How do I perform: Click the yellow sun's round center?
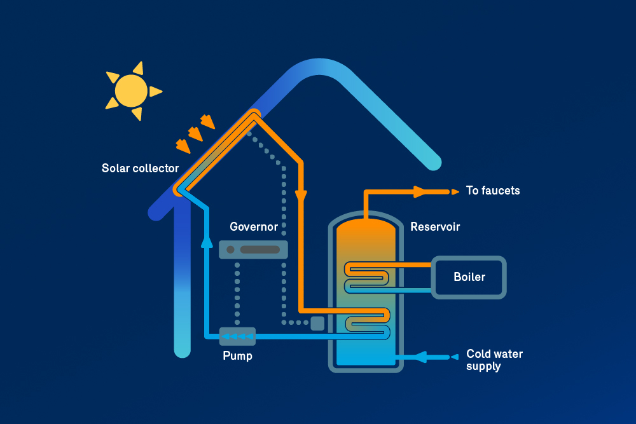pos(131,91)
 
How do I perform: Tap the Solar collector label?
pos(140,168)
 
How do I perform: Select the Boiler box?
pos(469,277)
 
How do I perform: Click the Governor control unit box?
pos(253,249)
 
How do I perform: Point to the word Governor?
pos(254,227)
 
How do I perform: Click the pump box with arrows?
pos(237,336)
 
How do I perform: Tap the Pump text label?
pos(237,356)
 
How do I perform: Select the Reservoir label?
pos(435,227)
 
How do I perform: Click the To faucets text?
pos(493,191)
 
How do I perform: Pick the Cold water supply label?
pos(494,360)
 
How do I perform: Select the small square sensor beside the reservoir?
pos(317,323)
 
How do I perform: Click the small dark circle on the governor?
pos(230,249)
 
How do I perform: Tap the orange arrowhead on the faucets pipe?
pos(420,191)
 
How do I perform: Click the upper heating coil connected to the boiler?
pos(367,277)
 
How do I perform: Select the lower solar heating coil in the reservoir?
pos(367,321)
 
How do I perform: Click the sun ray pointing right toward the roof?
pos(156,92)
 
